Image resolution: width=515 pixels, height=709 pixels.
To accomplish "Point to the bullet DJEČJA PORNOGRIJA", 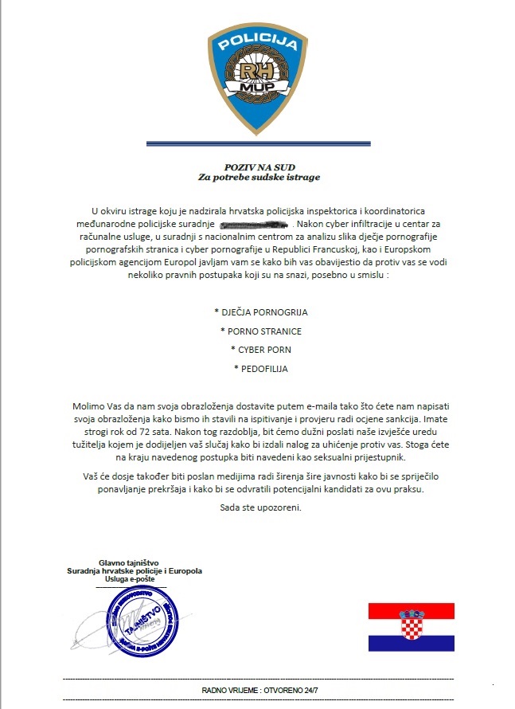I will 261,311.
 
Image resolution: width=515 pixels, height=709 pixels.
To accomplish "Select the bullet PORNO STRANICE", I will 261,331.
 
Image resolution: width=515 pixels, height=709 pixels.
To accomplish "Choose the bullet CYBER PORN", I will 261,350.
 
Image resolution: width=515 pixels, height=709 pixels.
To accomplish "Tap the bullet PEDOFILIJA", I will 261,369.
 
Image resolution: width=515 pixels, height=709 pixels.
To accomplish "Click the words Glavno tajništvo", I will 135,562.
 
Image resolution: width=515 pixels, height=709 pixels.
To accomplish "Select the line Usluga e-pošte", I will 135,579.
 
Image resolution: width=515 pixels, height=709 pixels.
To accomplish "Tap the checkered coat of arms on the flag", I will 412,625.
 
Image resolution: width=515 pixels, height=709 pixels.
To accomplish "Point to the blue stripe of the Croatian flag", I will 412,643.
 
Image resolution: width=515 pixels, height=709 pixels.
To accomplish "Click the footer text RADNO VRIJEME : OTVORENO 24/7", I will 261,689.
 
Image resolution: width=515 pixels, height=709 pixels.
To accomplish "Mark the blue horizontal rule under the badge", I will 258,143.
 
